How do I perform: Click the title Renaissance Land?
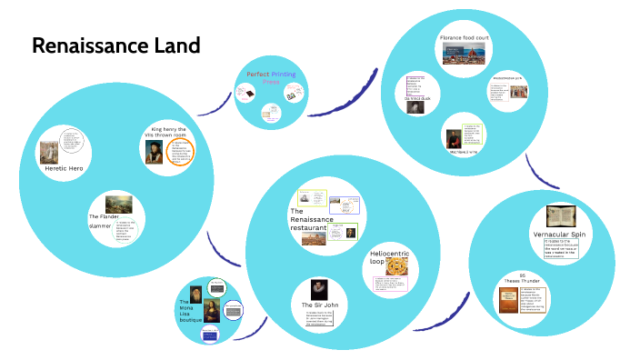coord(116,45)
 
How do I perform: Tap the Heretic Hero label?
coord(64,168)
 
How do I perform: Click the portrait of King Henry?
coord(154,153)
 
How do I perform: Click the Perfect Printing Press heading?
coord(270,76)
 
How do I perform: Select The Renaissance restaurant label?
coord(312,219)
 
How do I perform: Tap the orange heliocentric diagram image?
coord(397,265)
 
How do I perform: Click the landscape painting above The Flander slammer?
coord(119,204)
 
